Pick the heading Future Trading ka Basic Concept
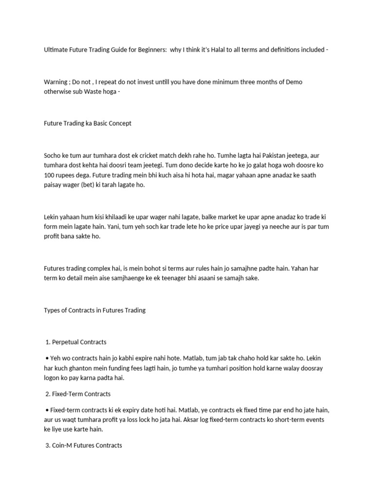[x=88, y=123]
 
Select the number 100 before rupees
[x=50, y=174]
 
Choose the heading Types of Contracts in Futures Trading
[x=94, y=310]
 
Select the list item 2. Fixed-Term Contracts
[x=78, y=394]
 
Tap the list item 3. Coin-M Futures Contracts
[x=83, y=445]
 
